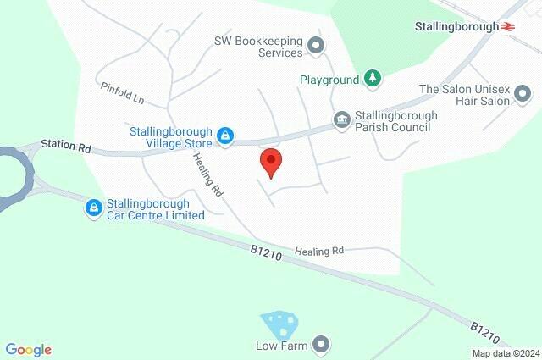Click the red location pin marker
[270, 161]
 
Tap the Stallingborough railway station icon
[509, 26]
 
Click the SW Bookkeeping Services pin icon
[317, 46]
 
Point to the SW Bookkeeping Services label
[257, 46]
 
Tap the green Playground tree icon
[372, 79]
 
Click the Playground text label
[329, 80]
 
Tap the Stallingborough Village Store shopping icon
[225, 135]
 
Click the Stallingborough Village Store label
[170, 137]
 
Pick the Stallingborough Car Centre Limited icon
[94, 208]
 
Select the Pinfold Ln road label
[122, 93]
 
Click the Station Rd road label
[73, 147]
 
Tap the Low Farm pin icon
[320, 344]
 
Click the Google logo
[28, 350]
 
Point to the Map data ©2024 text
[505, 353]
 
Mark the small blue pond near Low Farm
[280, 324]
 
